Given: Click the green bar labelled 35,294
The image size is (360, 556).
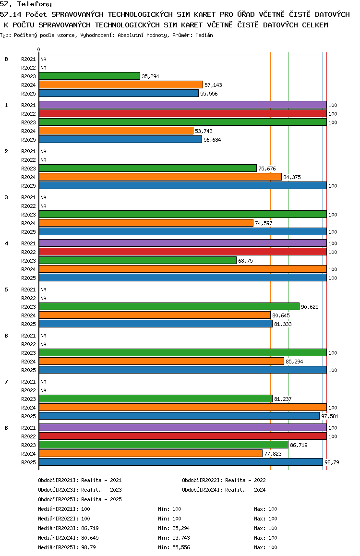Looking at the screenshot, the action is [90, 76].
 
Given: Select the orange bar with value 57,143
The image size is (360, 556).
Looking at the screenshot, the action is [121, 85].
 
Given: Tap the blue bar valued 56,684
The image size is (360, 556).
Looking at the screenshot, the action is [120, 140].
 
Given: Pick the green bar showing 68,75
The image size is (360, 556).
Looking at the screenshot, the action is [138, 261].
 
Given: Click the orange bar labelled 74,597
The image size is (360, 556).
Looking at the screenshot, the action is [146, 223].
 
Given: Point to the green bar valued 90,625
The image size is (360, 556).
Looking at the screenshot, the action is [169, 307].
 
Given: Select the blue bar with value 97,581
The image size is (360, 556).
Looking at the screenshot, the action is [180, 416].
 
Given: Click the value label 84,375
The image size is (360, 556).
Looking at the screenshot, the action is [292, 177].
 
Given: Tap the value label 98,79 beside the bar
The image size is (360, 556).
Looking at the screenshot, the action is [332, 462].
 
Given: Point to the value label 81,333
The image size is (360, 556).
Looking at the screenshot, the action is [283, 324].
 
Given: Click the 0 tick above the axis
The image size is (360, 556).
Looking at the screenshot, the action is [38, 49].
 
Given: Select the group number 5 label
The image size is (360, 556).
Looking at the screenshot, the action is [6, 290].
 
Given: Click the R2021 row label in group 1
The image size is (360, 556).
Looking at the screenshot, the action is [28, 105].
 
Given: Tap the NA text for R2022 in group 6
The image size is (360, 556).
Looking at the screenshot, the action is [43, 344].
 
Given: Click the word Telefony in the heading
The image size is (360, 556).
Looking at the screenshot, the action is [35, 4].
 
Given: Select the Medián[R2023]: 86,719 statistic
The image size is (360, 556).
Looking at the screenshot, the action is [68, 528].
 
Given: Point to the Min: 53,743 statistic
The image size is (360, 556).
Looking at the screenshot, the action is [174, 538].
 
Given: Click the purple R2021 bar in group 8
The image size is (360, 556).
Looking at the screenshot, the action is [183, 428].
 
